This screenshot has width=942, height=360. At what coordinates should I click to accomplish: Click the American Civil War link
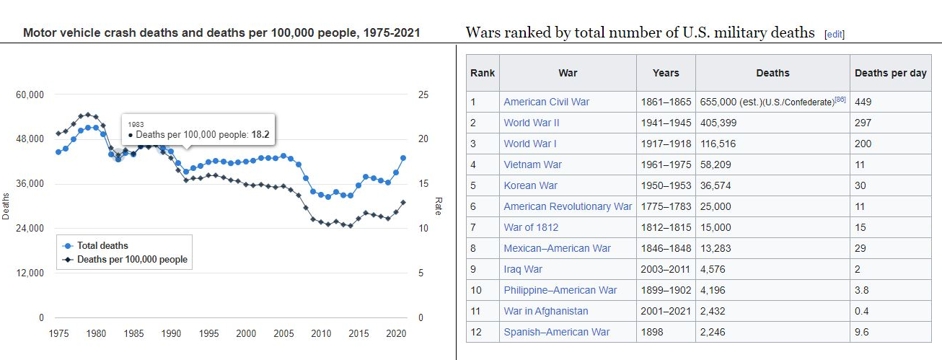pos(546,102)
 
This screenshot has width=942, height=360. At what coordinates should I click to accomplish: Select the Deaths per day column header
pos(890,73)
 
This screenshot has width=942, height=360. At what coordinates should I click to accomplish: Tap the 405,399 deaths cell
pos(718,123)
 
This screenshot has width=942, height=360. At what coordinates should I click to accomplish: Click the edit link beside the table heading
pos(835,34)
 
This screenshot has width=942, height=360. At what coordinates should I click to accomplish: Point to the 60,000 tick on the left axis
pos(30,95)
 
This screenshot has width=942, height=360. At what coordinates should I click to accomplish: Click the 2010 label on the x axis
pos(321,333)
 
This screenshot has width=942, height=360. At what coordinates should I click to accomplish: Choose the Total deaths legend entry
pos(102,245)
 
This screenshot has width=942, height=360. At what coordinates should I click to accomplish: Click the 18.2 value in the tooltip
pos(260,134)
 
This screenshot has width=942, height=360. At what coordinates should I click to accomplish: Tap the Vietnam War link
pos(532,164)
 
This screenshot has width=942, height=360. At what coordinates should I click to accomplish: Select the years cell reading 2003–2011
pos(666,269)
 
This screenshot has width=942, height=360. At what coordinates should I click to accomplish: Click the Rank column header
pos(483,73)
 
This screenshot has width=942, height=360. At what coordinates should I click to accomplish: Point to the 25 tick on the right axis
pos(423,95)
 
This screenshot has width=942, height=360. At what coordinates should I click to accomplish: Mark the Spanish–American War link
pos(556,332)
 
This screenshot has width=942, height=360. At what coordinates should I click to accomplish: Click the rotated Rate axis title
pos(438,206)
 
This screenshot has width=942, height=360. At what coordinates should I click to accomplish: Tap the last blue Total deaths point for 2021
pos(403,158)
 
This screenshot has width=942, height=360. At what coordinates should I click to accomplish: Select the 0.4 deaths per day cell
pos(861,311)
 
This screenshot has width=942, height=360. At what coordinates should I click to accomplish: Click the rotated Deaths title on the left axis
pos(6,206)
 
